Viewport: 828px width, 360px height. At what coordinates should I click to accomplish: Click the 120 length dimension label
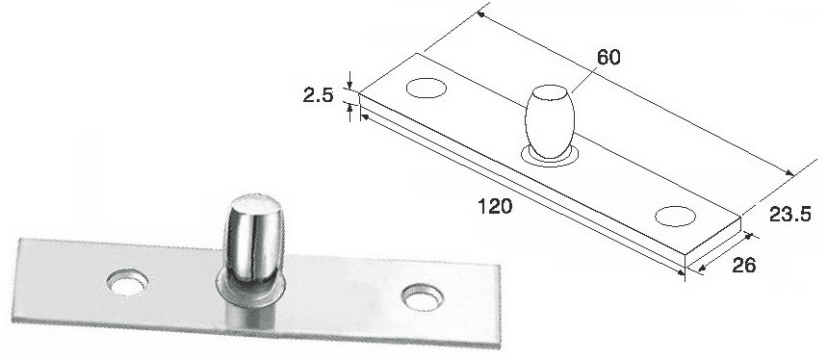click(x=495, y=206)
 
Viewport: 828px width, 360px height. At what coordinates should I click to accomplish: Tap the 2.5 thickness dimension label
click(x=319, y=95)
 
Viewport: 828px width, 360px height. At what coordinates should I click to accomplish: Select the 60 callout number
click(x=608, y=58)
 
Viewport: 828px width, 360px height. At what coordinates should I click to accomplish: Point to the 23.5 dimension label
click(x=789, y=215)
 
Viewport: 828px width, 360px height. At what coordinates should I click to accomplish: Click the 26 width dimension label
click(x=743, y=265)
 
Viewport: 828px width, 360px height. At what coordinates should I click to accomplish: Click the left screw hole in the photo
click(x=127, y=281)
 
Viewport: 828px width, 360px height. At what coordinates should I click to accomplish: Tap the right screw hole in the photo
click(x=423, y=296)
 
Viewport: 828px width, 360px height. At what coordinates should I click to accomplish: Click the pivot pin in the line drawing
click(x=549, y=121)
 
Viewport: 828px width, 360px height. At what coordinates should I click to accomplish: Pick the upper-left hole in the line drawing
click(x=427, y=88)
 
